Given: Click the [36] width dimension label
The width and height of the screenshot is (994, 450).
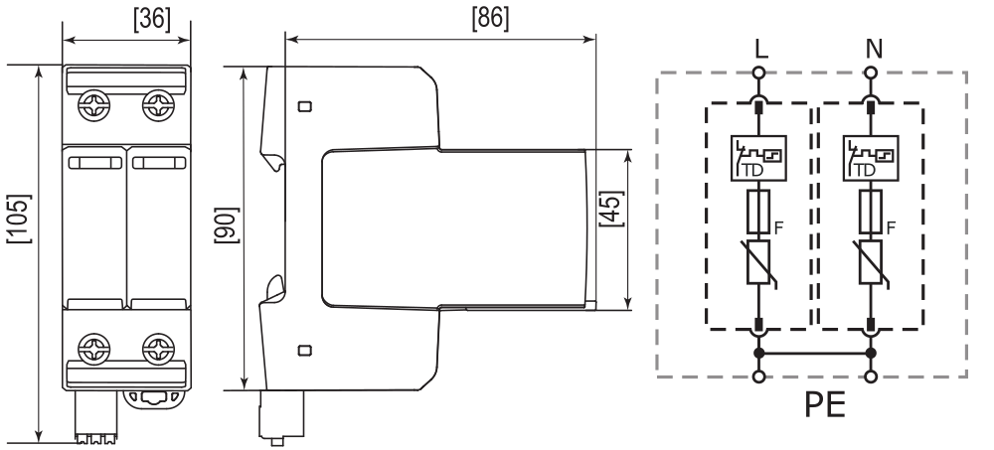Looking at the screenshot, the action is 152,20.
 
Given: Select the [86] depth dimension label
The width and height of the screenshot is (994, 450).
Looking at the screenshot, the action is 490,19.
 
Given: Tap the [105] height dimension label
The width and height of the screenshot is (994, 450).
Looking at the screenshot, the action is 19,219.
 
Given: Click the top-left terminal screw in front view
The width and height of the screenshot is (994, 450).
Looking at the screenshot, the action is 93,105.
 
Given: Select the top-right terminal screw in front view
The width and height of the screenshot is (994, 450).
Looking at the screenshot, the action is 158,105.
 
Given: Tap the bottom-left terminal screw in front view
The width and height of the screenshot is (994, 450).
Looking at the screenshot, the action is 93,350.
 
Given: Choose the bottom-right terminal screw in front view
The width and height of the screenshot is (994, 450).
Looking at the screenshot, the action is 158,350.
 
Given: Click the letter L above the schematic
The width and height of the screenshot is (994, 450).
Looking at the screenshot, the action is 761,49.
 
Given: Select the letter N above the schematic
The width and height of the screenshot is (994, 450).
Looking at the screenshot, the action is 874,49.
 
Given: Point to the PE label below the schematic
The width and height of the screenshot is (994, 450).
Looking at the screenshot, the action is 825,403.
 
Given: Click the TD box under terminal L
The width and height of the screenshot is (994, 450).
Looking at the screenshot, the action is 758,159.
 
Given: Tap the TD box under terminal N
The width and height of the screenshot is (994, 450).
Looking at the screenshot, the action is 871,159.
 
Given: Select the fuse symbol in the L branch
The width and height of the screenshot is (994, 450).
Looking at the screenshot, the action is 758,211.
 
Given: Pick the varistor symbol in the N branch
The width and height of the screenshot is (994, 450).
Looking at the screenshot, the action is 871,262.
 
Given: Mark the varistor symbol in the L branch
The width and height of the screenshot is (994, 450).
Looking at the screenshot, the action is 758,262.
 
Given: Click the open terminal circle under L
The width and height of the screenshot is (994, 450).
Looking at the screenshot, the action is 758,73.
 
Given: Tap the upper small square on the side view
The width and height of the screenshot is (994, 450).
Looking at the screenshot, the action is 305,106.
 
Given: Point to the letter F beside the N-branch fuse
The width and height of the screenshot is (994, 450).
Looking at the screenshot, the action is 892,227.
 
